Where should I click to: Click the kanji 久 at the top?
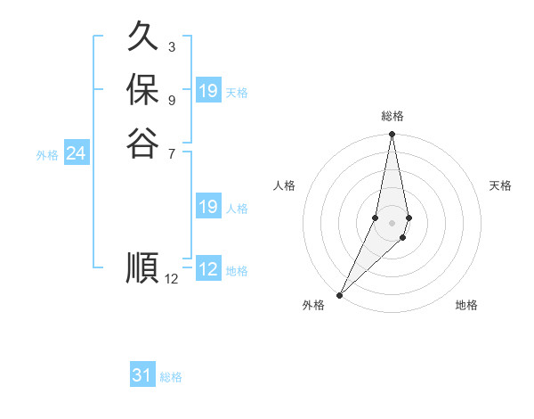coord(142,39)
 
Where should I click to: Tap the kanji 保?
coord(142,90)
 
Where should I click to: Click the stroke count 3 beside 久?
coord(171,46)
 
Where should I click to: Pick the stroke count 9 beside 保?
coord(171,99)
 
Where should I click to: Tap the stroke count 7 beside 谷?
coord(171,153)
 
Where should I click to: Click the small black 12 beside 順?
coord(172,279)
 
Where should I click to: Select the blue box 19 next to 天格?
coord(208,91)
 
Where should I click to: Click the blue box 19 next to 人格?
coord(208,207)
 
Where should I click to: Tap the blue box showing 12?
coord(208,269)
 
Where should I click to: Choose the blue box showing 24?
coord(76,153)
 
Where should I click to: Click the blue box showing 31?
coord(142,375)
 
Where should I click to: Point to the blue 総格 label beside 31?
coord(171,377)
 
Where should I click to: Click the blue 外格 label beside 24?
coord(47,155)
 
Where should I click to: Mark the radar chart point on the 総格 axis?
coord(392,135)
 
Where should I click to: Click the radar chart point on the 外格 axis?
coord(340,294)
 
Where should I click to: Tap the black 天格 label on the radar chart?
coord(501,185)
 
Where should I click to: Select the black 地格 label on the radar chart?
coord(466,305)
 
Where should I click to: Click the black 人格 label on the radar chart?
coord(285,185)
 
